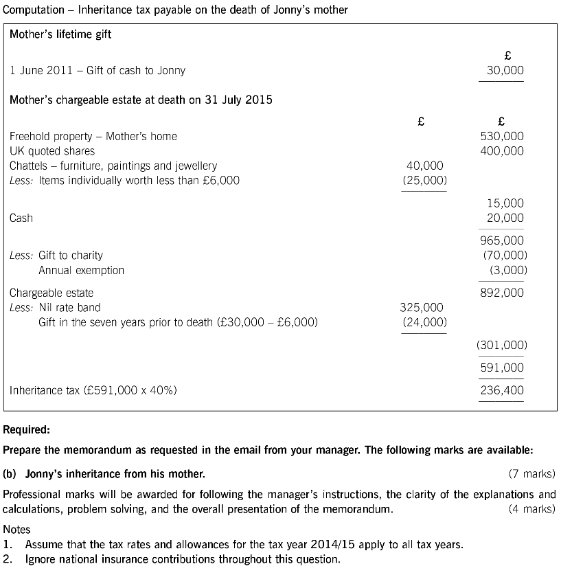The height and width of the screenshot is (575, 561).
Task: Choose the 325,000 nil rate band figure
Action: (422, 307)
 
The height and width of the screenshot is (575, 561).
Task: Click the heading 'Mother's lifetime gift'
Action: (60, 34)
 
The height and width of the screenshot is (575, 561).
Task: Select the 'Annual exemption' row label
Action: (81, 270)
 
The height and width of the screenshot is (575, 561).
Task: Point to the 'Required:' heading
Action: (27, 431)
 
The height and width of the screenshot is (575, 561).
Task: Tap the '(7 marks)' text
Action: (531, 474)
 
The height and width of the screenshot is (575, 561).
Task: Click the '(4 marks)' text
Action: (531, 509)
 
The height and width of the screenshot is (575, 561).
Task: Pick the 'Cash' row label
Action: (21, 218)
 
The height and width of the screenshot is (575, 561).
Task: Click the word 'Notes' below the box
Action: (17, 530)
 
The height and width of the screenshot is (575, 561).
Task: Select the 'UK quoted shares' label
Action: (52, 151)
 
